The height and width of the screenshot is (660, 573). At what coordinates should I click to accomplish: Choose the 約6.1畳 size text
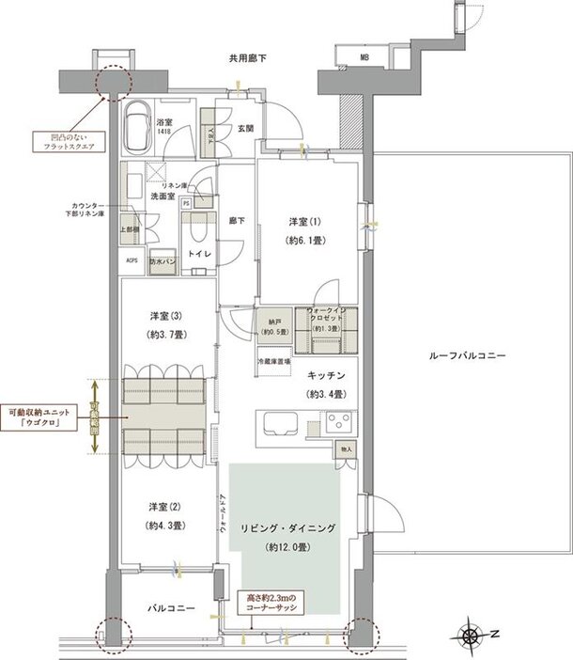[306, 241]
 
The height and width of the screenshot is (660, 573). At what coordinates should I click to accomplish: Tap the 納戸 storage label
[274, 321]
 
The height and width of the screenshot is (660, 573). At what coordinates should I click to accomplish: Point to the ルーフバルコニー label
[467, 357]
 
